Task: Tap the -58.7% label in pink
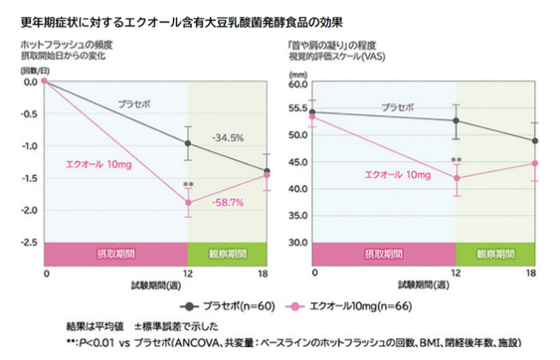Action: coord(229,203)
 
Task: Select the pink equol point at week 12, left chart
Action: coord(188,202)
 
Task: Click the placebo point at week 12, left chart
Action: coord(188,143)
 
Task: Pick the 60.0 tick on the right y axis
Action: coord(295,85)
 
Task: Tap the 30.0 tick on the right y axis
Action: coord(295,243)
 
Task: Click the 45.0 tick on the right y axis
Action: coord(295,163)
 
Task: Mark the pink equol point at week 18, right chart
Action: coord(534,163)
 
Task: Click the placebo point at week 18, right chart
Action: coord(534,140)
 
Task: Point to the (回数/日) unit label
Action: coord(36,72)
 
